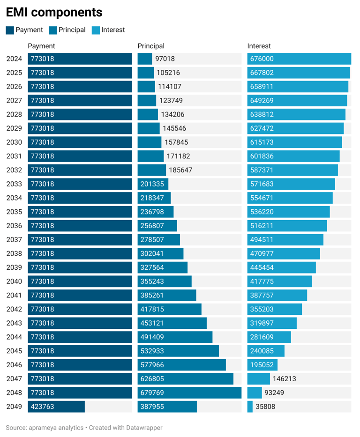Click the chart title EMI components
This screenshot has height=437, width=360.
[x=54, y=12]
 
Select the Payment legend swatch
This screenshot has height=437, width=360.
[x=10, y=30]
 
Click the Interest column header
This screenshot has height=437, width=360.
[x=259, y=46]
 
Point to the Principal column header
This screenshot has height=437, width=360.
[x=151, y=46]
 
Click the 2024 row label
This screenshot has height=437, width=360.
[x=14, y=59]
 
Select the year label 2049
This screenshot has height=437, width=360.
[x=14, y=407]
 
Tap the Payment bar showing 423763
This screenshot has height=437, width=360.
[x=56, y=407]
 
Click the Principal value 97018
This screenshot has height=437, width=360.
[x=165, y=59]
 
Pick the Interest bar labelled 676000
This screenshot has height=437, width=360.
[x=299, y=59]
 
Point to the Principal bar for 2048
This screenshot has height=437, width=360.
[x=189, y=393]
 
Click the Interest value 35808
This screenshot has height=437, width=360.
[x=265, y=407]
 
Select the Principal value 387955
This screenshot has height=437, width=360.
[x=152, y=407]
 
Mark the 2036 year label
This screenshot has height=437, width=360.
[x=14, y=226]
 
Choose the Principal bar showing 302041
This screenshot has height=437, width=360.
[x=160, y=253]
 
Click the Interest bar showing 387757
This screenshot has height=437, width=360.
[x=277, y=296]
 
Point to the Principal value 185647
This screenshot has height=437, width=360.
[x=180, y=170]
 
